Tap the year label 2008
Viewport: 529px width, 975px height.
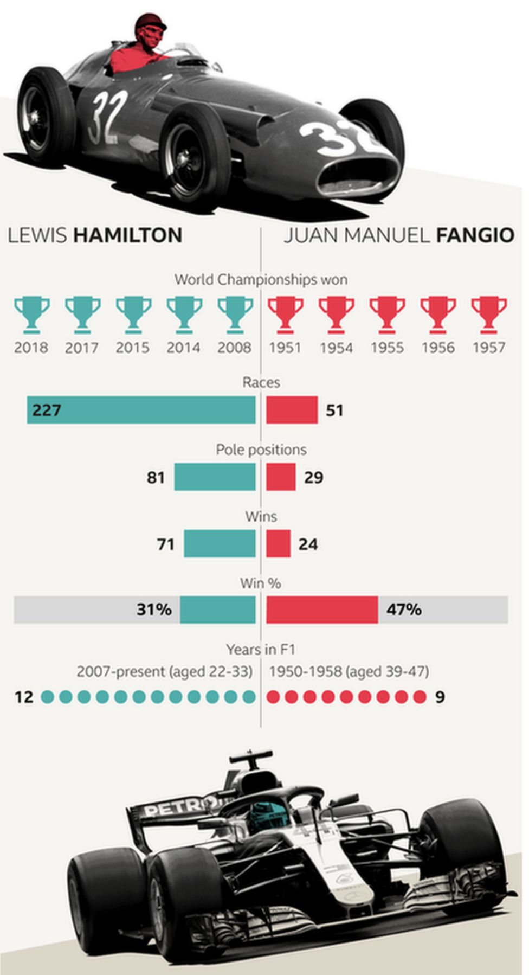(x=234, y=348)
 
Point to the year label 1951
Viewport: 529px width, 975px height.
(x=285, y=348)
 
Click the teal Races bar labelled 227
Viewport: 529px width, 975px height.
(x=141, y=410)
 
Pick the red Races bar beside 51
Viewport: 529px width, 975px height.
(x=292, y=410)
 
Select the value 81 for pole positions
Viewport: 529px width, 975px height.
(x=156, y=477)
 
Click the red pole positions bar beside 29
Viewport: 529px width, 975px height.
(x=281, y=477)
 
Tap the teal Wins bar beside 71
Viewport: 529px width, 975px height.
(x=220, y=544)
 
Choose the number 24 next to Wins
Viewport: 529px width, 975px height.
(x=308, y=544)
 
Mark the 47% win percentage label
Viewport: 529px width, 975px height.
(x=404, y=610)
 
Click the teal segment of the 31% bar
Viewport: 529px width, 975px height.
(x=218, y=610)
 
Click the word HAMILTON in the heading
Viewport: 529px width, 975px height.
(x=128, y=235)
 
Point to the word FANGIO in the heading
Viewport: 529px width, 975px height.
(x=475, y=235)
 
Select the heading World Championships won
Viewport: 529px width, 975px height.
(x=261, y=280)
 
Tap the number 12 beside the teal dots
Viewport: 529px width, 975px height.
(x=24, y=697)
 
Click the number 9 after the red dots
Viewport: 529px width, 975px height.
(x=440, y=697)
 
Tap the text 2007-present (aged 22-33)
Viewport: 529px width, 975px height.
(x=165, y=672)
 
